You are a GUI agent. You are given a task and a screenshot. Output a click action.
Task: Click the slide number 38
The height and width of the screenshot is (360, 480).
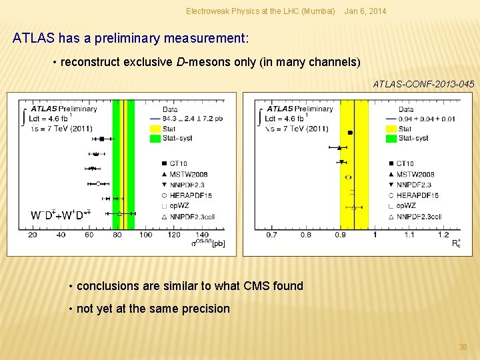(x=463, y=347)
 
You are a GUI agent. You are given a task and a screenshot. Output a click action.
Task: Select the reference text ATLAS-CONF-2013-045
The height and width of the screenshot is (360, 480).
(x=423, y=84)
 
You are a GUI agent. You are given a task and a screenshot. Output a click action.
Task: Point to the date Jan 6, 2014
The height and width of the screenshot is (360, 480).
(x=365, y=11)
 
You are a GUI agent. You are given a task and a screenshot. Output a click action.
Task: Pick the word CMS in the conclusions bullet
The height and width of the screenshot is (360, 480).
(x=251, y=286)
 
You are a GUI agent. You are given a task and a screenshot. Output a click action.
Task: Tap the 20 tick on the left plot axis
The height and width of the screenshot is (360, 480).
(x=33, y=235)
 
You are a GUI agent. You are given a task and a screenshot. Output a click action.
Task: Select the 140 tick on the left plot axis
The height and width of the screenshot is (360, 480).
(x=203, y=235)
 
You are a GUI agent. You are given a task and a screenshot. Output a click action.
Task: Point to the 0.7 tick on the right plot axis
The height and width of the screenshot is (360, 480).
(x=272, y=235)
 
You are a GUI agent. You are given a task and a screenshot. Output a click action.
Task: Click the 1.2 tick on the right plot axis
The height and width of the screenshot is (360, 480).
(x=443, y=235)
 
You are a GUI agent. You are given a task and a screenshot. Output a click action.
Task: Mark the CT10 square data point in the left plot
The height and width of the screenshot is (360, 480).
(x=101, y=139)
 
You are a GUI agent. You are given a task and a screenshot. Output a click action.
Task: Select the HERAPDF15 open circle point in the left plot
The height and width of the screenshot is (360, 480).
(x=98, y=183)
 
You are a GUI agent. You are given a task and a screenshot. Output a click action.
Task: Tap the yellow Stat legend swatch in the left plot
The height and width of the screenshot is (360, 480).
(x=152, y=129)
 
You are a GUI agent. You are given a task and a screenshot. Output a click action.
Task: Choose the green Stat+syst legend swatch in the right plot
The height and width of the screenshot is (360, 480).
(x=390, y=139)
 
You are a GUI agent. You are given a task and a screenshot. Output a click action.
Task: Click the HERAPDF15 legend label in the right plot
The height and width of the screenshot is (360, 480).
(x=418, y=195)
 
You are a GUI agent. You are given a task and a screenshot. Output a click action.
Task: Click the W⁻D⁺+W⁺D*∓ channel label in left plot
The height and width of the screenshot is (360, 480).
(x=61, y=215)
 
